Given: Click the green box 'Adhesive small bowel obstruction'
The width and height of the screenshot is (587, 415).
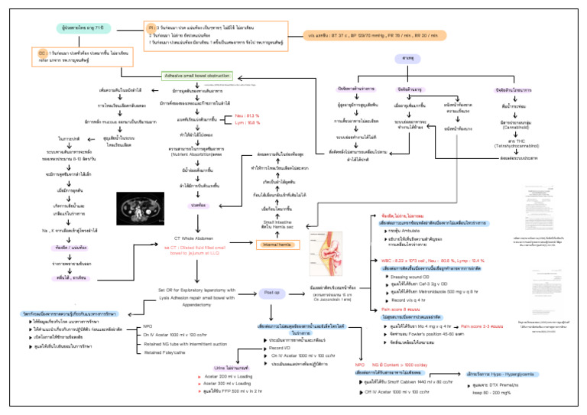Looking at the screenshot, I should [196, 76].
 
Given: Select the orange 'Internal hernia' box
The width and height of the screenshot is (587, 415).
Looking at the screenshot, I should [277, 245].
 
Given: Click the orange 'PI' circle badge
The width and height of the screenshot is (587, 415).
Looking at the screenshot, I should [151, 25].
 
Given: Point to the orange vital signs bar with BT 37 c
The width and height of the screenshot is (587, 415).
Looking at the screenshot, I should [352, 34].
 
